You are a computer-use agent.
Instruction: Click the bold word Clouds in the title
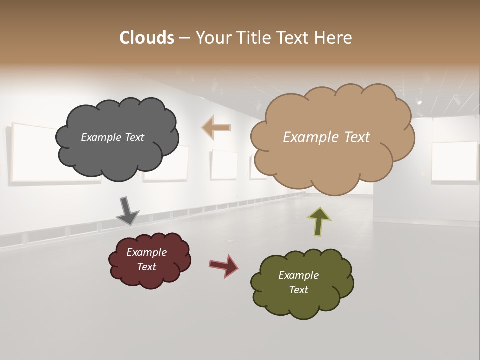[146, 38]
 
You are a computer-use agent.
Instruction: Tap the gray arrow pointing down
[127, 210]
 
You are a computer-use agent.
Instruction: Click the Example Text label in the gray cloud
[112, 137]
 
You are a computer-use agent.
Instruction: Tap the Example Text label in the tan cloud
[326, 137]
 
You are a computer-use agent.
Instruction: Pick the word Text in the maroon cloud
[146, 267]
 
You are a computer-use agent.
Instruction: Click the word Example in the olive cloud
[298, 275]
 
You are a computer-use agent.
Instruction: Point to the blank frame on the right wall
[454, 161]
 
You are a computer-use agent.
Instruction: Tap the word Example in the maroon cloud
[146, 252]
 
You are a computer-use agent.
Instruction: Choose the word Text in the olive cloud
[298, 290]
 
